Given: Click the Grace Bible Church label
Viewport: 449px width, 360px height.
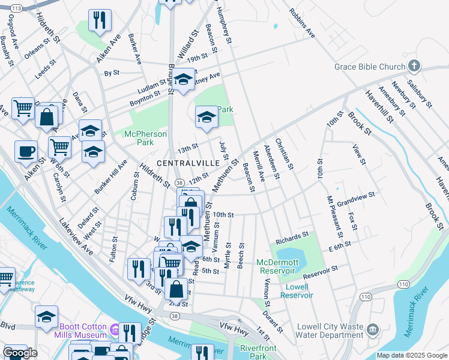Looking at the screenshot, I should click(x=370, y=65).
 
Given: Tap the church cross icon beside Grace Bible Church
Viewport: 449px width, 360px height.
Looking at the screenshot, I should click(x=414, y=65).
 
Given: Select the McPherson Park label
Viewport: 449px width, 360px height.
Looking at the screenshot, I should click(x=146, y=138).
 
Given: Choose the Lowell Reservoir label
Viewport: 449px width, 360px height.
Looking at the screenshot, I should click(x=297, y=290).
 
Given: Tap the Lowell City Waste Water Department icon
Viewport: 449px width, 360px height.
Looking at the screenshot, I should click(x=372, y=329).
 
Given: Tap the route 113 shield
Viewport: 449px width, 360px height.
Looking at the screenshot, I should click(x=16, y=8).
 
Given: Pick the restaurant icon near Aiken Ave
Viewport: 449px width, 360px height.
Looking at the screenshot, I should click(x=100, y=20).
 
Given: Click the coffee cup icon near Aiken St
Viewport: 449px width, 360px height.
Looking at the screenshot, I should click(x=25, y=151).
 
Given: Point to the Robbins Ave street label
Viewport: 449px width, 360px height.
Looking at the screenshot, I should click(x=301, y=23).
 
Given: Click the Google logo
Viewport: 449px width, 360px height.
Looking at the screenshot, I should click(x=20, y=353).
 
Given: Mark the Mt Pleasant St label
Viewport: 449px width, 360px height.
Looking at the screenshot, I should click(x=334, y=214).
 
